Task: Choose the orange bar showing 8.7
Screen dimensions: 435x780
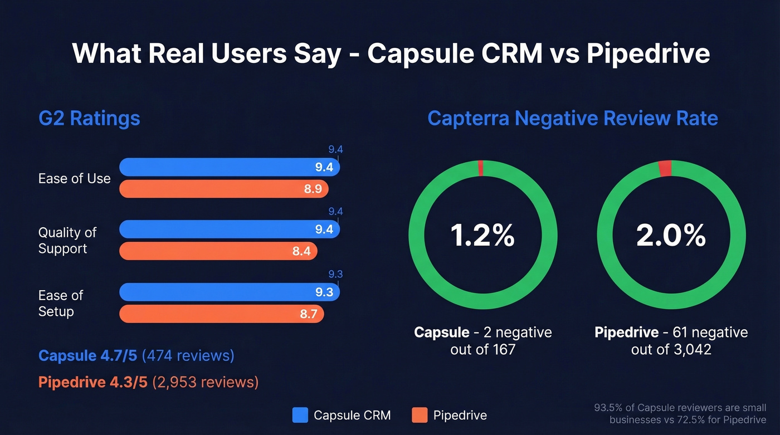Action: click(222, 314)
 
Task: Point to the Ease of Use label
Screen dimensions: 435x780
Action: click(74, 179)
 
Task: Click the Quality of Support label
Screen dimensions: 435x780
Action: click(67, 240)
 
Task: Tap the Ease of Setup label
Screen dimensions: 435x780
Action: click(60, 303)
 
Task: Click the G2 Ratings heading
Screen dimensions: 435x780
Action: click(89, 119)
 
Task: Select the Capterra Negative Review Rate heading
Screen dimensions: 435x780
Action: click(572, 119)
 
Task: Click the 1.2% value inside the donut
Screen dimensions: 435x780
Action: click(482, 236)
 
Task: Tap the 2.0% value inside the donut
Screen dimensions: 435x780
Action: click(671, 236)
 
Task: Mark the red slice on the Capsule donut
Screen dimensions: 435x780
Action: click(481, 168)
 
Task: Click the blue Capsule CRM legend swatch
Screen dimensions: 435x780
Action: click(300, 415)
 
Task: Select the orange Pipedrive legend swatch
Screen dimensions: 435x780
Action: click(420, 415)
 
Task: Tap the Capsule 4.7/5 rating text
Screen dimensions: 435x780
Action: click(89, 355)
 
